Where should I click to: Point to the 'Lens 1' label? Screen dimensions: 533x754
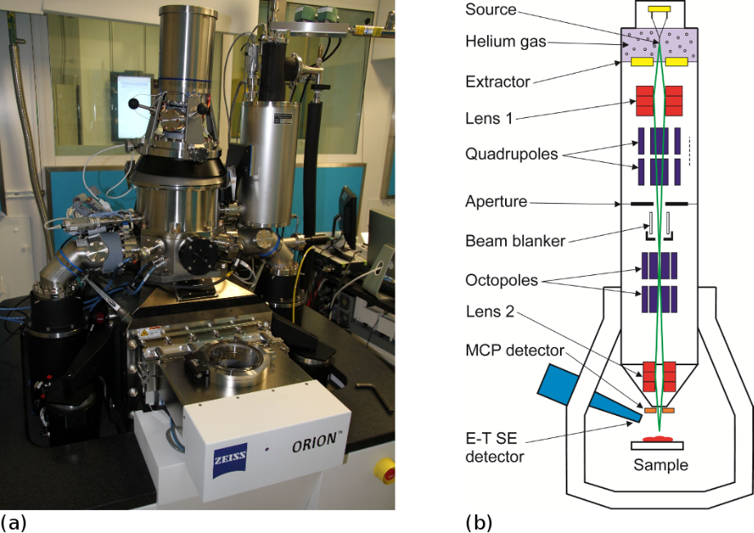489,118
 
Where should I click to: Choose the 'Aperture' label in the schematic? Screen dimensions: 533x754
495,201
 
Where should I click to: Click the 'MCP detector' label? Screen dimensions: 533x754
513,350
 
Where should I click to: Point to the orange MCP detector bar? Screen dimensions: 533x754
659,409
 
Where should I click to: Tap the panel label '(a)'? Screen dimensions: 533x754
13,521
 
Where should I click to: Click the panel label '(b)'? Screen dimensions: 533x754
478,521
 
